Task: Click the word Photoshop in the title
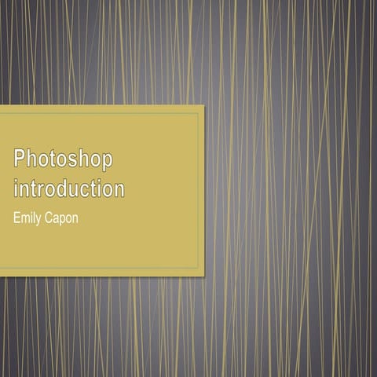[64, 160]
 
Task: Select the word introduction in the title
[69, 189]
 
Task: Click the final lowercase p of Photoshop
[107, 162]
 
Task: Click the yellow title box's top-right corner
[203, 105]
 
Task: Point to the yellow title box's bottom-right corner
[203, 276]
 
